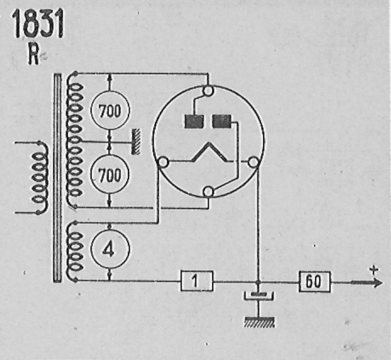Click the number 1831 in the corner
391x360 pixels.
coord(38,24)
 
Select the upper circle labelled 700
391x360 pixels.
coord(110,110)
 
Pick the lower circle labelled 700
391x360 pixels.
coord(110,174)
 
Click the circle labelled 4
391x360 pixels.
coord(110,249)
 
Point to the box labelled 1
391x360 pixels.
coord(197,281)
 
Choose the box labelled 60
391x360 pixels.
coord(315,281)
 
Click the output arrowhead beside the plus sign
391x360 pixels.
coord(376,283)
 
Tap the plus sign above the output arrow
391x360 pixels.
coord(374,270)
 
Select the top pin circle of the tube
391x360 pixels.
coord(208,91)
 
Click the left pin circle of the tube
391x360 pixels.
coord(164,162)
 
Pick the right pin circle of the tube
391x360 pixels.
coord(253,162)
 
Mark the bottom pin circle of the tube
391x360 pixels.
coord(208,192)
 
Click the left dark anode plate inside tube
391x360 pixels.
coord(194,122)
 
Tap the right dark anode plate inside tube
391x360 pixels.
coord(222,121)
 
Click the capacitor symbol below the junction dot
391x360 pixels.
coord(259,296)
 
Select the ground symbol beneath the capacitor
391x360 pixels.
coord(259,322)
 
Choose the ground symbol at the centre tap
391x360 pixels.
coord(136,141)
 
